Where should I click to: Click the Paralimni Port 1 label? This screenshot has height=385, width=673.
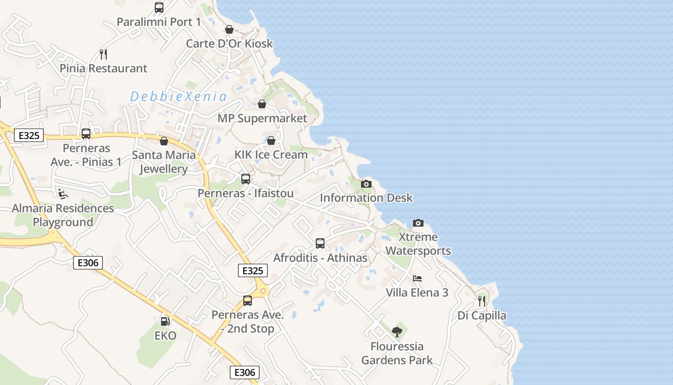(159, 22)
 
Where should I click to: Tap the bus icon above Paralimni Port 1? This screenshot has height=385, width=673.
(159, 8)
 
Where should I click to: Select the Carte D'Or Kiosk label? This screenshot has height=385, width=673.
(229, 43)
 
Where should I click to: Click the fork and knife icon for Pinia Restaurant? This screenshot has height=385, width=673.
(103, 53)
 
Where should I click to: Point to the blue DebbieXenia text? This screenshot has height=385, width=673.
(178, 97)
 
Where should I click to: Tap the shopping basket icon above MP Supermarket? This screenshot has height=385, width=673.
(262, 104)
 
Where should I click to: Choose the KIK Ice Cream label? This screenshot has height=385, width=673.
(271, 155)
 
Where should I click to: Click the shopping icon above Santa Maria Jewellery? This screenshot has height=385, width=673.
(164, 141)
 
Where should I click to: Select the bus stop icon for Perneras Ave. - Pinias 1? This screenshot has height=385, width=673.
(86, 134)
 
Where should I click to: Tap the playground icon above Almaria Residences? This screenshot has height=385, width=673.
(63, 193)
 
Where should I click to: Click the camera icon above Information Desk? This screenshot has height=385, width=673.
(366, 184)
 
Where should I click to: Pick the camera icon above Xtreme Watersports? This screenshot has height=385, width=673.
(418, 223)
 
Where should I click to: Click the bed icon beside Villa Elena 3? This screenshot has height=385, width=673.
(417, 279)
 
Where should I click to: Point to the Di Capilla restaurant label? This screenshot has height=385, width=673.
(482, 316)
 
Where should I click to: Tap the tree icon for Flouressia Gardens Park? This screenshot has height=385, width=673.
(397, 331)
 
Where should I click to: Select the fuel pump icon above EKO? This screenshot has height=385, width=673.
(165, 321)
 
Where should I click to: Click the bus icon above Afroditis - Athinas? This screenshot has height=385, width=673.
(320, 244)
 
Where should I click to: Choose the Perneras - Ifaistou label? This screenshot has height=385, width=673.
(246, 193)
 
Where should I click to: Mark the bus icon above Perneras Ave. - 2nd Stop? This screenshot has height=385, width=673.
(248, 301)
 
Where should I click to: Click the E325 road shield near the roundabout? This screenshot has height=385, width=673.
(253, 270)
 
